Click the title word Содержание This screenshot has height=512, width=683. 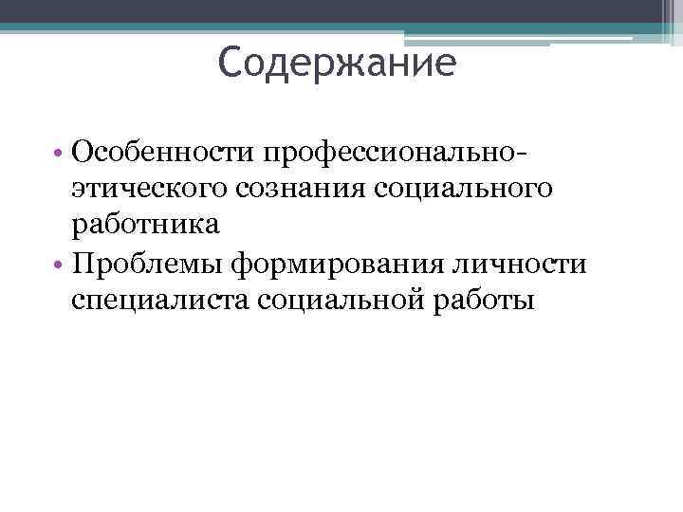pyautogui.click(x=337, y=64)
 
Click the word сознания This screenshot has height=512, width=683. pyautogui.click(x=290, y=189)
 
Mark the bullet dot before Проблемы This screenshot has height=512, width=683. pyautogui.click(x=59, y=265)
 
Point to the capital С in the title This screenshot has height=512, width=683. pyautogui.click(x=231, y=64)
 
